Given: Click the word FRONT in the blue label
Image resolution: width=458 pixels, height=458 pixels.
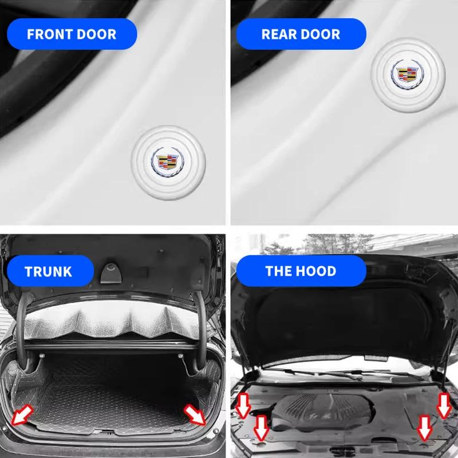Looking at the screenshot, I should point(49,33).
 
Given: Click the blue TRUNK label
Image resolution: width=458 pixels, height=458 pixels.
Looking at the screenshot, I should point(49,271).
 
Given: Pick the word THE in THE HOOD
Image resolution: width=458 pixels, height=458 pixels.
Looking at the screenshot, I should point(278,271).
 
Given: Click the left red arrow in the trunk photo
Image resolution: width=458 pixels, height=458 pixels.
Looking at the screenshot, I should point(23,413).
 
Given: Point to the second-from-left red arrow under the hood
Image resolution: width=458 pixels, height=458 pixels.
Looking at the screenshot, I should point(262,427).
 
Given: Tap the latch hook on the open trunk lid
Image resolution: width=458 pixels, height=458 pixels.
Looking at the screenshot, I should point(110,271).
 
